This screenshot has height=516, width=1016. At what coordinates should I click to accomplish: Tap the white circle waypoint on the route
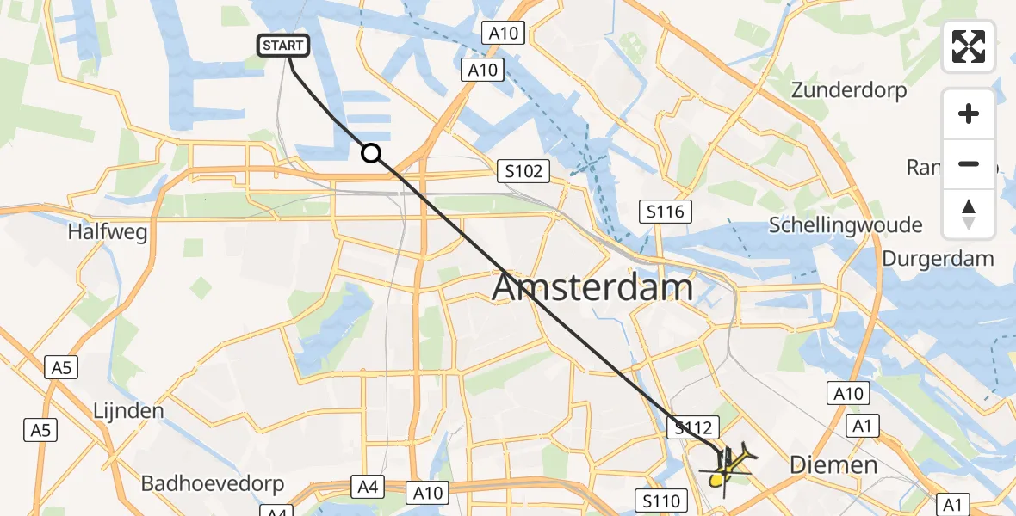370,153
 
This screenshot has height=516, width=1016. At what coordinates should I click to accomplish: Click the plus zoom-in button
969,114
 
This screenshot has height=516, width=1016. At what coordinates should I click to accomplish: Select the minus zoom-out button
969,163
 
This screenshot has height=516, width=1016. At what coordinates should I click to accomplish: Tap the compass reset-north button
969,213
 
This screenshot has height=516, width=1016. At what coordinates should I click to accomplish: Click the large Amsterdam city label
592,288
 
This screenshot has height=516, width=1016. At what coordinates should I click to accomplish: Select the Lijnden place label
128,410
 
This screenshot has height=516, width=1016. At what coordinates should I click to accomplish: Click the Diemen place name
833,465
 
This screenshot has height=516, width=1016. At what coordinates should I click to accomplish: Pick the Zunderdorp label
849,90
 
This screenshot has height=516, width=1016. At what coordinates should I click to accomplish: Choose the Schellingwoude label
845,225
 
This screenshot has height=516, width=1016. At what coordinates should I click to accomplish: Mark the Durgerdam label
938,258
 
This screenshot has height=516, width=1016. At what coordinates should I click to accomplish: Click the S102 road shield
524,171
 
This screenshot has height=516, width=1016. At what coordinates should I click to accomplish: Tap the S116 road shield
666,210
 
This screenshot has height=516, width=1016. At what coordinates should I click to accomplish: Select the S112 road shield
693,426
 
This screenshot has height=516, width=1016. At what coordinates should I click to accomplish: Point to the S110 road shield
660,500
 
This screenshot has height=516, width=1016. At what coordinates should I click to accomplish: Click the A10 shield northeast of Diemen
848,394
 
